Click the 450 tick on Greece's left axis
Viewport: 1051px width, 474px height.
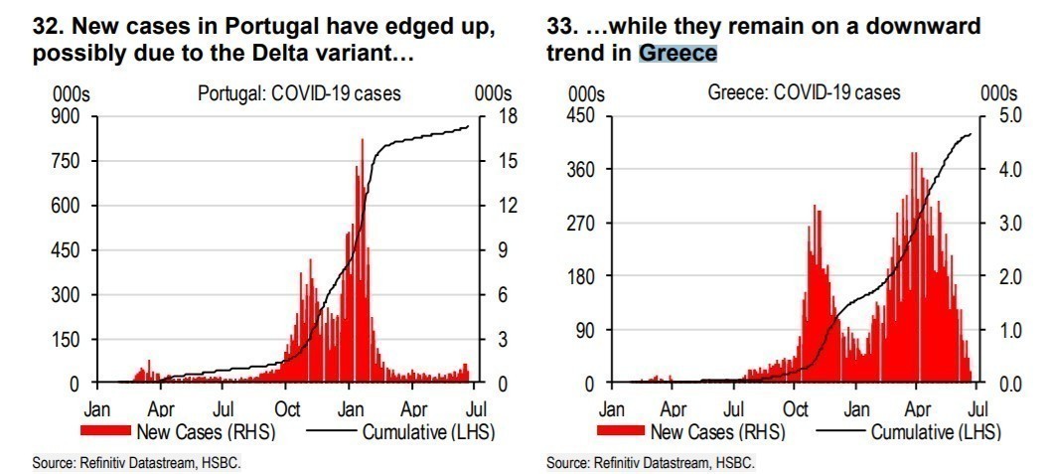[x=580, y=116]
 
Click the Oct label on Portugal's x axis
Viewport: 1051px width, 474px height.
[x=287, y=408]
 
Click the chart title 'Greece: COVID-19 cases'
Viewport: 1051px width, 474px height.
[x=804, y=92]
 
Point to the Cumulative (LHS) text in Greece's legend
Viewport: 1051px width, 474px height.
[x=937, y=432]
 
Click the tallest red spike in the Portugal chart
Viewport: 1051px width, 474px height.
[x=362, y=141]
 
